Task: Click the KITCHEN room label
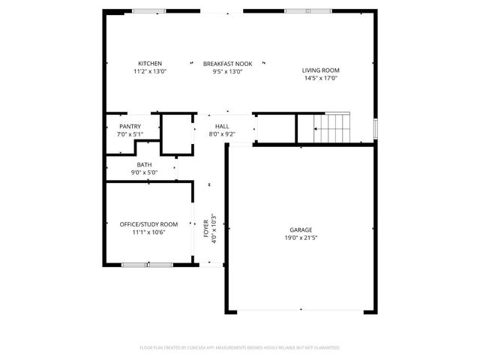pyautogui.click(x=149, y=63)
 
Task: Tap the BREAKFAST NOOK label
pyautogui.click(x=228, y=63)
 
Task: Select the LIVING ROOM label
pyautogui.click(x=320, y=70)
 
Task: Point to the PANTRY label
pyautogui.click(x=130, y=126)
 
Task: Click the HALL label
pyautogui.click(x=222, y=126)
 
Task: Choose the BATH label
pyautogui.click(x=144, y=164)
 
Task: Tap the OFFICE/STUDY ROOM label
pyautogui.click(x=148, y=224)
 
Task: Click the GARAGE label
pyautogui.click(x=301, y=230)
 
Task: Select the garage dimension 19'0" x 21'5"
pyautogui.click(x=301, y=238)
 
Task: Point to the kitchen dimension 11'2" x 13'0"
pyautogui.click(x=149, y=71)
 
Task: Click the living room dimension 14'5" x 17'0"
pyautogui.click(x=320, y=78)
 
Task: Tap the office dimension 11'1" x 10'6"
pyautogui.click(x=148, y=232)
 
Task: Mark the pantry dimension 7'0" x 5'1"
pyautogui.click(x=130, y=134)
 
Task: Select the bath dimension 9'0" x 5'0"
pyautogui.click(x=144, y=172)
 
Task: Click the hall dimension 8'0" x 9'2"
pyautogui.click(x=222, y=134)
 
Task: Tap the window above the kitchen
pyautogui.click(x=149, y=10)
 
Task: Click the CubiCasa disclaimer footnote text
pyautogui.click(x=240, y=348)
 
